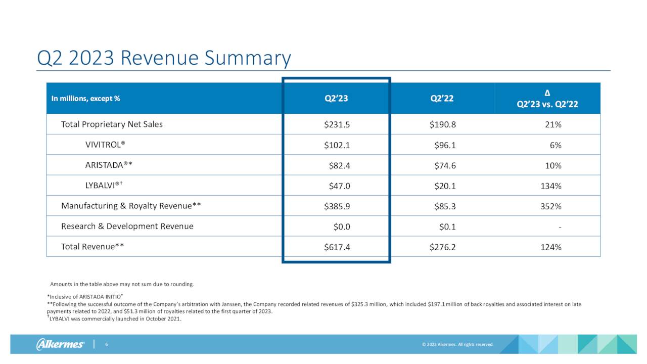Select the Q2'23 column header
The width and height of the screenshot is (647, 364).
[336, 99]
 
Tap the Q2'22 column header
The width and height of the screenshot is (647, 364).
[442, 99]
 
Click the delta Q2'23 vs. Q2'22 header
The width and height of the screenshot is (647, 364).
[547, 99]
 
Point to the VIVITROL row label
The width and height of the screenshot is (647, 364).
[105, 145]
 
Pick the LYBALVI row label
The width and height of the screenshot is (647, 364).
[104, 186]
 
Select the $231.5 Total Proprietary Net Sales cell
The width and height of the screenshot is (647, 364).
[337, 124]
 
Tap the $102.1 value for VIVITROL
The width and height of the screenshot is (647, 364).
[337, 145]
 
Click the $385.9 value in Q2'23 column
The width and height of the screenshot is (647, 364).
[337, 206]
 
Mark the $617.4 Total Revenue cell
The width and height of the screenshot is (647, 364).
[337, 247]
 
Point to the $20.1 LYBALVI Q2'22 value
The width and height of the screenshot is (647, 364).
[445, 186]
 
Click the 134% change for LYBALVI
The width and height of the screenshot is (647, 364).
[551, 186]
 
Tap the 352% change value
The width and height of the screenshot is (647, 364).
[551, 206]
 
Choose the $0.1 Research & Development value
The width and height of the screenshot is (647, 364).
[447, 226]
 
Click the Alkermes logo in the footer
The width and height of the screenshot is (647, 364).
[60, 344]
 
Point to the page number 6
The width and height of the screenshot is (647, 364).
[107, 344]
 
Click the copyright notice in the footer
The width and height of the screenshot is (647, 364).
[457, 345]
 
